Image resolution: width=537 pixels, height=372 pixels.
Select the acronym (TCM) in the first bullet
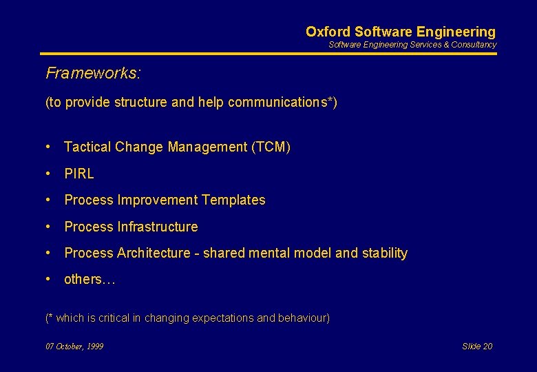point(271,147)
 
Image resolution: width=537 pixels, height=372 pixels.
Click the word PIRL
point(79,174)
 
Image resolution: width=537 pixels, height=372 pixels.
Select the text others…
point(89,279)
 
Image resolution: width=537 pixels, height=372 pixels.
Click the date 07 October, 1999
point(74,347)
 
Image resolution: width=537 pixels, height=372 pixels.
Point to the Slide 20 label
point(477,347)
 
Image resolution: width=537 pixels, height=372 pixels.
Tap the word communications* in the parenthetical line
point(280,103)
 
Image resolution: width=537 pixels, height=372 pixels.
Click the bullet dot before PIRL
point(49,174)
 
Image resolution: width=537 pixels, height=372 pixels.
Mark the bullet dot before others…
point(49,279)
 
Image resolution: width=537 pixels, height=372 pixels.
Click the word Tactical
point(87,147)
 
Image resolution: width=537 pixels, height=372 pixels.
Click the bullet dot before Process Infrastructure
point(49,227)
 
